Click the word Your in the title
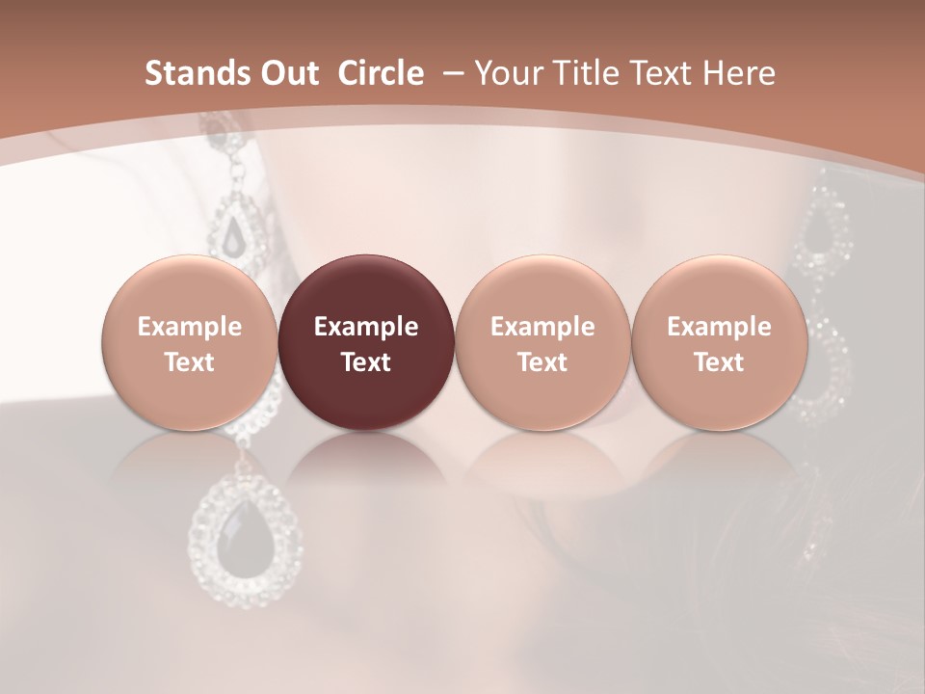pos(507,73)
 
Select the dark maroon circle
pos(366,343)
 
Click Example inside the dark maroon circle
pos(366,327)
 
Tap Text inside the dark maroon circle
pos(366,362)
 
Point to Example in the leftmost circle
pos(190,327)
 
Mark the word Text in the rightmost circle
pos(719,362)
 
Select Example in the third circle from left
pos(542,327)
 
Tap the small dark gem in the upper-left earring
pos(234,232)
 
